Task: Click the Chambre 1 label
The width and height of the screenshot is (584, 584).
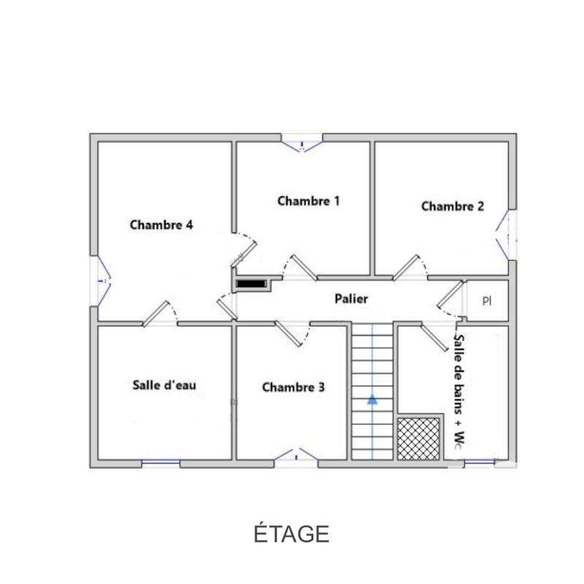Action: pyautogui.click(x=308, y=201)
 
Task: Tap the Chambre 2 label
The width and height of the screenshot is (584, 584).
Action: pyautogui.click(x=453, y=207)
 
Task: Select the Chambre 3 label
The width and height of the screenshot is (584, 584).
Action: pyautogui.click(x=293, y=387)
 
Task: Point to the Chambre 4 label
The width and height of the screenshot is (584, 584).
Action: pyautogui.click(x=161, y=225)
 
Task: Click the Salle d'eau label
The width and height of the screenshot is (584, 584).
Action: pyautogui.click(x=164, y=385)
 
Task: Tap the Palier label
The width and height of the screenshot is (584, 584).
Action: pyautogui.click(x=351, y=299)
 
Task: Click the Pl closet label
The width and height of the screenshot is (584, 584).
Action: pyautogui.click(x=487, y=300)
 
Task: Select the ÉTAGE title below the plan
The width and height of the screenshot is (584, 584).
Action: pyautogui.click(x=292, y=533)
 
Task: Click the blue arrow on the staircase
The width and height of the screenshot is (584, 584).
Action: pyautogui.click(x=372, y=399)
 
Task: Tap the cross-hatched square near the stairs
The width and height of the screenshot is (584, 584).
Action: pyautogui.click(x=420, y=438)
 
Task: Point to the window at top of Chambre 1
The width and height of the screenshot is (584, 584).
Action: pyautogui.click(x=302, y=143)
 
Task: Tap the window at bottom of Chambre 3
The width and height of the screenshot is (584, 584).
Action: pyautogui.click(x=296, y=456)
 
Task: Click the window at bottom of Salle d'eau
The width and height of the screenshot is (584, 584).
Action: pyautogui.click(x=161, y=462)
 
